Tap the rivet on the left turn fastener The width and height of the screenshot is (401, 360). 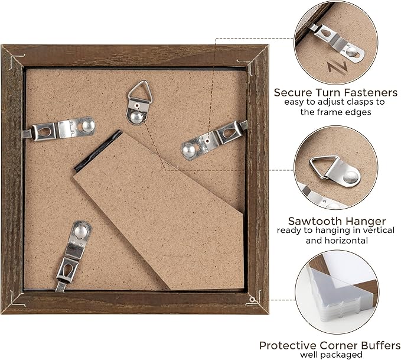(88, 125)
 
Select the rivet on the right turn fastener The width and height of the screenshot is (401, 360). (188, 150)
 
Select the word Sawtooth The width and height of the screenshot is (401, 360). (315, 221)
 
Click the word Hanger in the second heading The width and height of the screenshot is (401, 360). (366, 221)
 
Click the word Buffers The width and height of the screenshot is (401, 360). (378, 345)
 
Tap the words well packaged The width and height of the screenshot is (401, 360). (331, 355)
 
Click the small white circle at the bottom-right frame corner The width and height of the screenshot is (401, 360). (252, 299)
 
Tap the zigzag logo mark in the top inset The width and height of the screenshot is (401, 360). (338, 69)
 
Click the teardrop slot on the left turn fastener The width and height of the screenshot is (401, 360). (45, 132)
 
